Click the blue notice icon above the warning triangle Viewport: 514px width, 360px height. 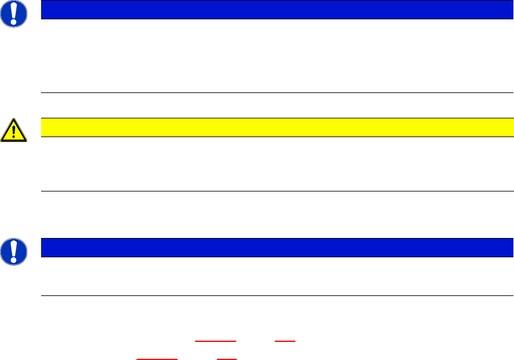tap(13, 13)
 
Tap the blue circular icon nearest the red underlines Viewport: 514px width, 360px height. tap(13, 251)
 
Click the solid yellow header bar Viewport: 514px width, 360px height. tap(273, 127)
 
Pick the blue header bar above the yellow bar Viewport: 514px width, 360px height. tap(273, 10)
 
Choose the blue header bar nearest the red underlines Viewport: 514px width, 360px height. tap(273, 248)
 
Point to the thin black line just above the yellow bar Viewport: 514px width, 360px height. tap(277, 93)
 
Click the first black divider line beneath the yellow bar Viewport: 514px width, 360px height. tap(277, 191)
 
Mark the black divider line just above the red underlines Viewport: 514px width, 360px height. tap(277, 295)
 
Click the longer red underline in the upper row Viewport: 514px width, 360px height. tap(216, 342)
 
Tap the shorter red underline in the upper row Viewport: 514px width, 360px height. tap(285, 342)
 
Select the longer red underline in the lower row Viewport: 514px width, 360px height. tap(157, 359)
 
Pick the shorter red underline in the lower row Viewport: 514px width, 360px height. tap(226, 359)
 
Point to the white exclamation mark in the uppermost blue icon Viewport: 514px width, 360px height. tap(13, 12)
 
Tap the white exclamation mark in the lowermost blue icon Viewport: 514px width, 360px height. tap(13, 250)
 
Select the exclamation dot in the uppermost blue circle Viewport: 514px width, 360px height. tap(13, 21)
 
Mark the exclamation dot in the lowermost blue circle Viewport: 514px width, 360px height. tap(13, 259)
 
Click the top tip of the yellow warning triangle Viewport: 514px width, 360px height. tap(13, 119)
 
